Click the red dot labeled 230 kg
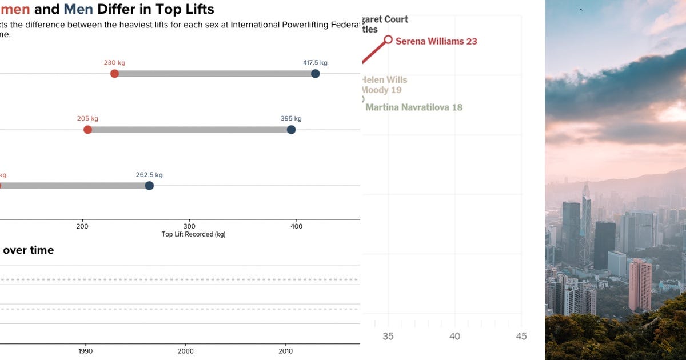[114, 74]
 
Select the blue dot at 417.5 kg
[315, 74]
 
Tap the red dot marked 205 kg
[87, 130]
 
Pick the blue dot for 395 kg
[291, 130]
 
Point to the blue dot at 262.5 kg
[149, 186]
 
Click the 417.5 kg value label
[315, 63]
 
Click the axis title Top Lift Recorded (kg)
[193, 234]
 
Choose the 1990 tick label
[85, 351]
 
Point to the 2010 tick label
[285, 351]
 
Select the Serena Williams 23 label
[436, 41]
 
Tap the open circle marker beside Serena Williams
[388, 39]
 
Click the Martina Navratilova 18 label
[414, 107]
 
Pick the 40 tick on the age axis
[454, 337]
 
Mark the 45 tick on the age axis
[521, 337]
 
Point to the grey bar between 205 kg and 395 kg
[189, 130]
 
